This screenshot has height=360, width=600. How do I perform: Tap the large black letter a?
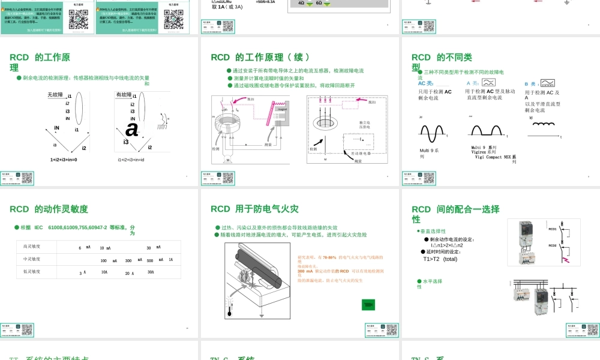[132, 128]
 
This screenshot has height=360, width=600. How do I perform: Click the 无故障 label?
[55, 95]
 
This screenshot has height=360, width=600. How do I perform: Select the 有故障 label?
[124, 94]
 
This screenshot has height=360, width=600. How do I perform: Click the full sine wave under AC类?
[432, 133]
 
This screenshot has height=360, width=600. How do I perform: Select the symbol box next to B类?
[547, 83]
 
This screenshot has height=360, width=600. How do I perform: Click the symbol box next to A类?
[488, 83]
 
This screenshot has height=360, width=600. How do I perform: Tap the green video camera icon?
[368, 305]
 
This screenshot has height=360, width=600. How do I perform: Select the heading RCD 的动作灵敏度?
[49, 209]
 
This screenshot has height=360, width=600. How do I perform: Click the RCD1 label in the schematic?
[553, 229]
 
